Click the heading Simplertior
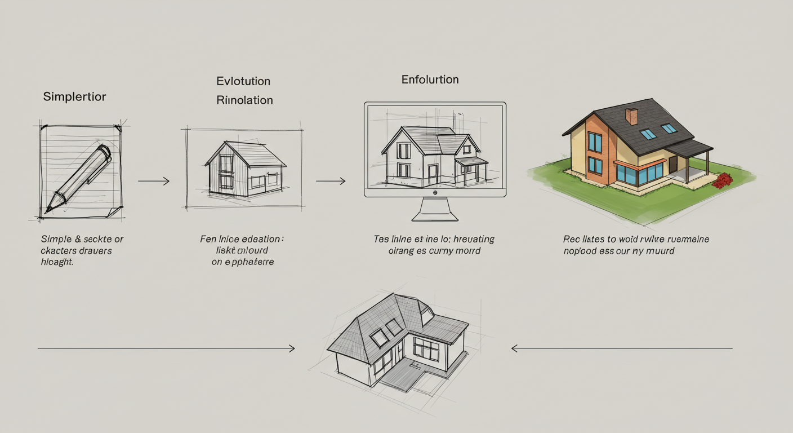74,96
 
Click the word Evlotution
243,81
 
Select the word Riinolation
244,100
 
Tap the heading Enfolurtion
430,79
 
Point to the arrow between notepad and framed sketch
153,181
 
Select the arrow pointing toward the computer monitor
331,181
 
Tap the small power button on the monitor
435,192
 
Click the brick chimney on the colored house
631,116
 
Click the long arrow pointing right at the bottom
166,348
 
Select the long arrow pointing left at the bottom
622,348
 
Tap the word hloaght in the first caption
57,262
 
